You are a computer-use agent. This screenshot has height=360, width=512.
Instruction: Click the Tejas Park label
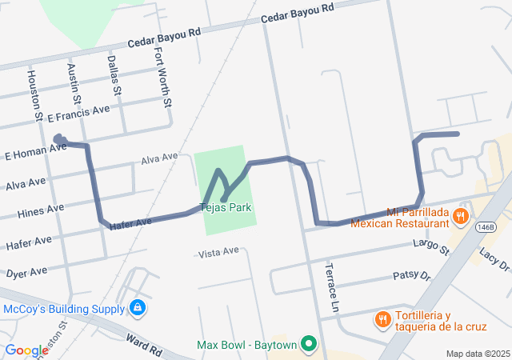pyautogui.click(x=229, y=207)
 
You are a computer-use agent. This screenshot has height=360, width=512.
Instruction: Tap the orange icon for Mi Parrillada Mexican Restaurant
pyautogui.click(x=459, y=216)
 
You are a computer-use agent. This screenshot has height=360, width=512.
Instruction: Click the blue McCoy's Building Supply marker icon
pyautogui.click(x=138, y=307)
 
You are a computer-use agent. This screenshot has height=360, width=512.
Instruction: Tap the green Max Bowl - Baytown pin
pyautogui.click(x=309, y=346)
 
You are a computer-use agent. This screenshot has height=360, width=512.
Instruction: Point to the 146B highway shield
pyautogui.click(x=486, y=227)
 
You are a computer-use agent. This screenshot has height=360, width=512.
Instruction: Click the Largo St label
pyautogui.click(x=432, y=246)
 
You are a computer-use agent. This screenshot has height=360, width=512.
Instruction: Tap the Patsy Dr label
pyautogui.click(x=412, y=277)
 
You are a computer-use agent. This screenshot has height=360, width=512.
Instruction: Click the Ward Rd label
pyautogui.click(x=144, y=345)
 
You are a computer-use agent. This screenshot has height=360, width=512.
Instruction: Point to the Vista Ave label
pyautogui.click(x=218, y=252)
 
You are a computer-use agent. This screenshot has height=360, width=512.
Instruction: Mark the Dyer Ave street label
pyautogui.click(x=26, y=273)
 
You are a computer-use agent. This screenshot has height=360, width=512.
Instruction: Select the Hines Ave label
pyautogui.click(x=40, y=212)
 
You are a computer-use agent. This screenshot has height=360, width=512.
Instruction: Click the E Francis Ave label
pyautogui.click(x=78, y=114)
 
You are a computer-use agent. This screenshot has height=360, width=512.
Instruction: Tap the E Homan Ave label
pyautogui.click(x=35, y=151)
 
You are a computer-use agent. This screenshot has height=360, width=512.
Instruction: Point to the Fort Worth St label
pyautogui.click(x=162, y=78)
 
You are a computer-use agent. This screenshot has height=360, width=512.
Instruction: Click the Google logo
pyautogui.click(x=27, y=350)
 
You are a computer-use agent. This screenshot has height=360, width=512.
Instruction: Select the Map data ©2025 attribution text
pyautogui.click(x=477, y=354)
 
